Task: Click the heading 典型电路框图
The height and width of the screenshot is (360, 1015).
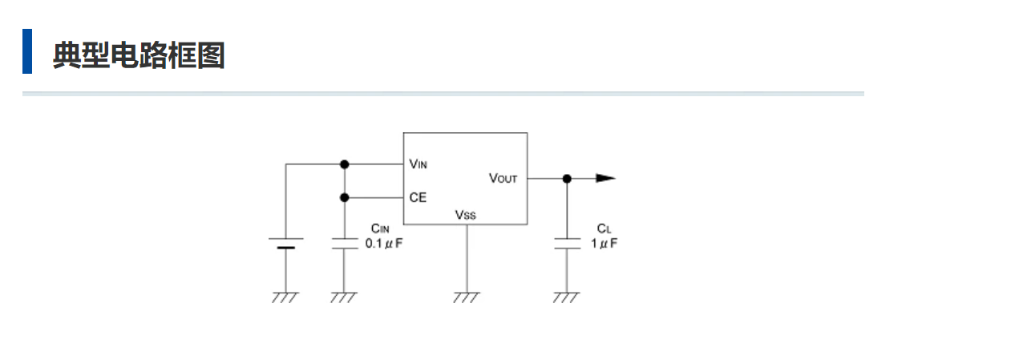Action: click(x=139, y=55)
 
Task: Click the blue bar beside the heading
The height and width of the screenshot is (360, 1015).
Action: click(x=27, y=51)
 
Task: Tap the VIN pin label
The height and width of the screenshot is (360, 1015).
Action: click(x=418, y=164)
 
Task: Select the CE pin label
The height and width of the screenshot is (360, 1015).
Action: click(x=417, y=197)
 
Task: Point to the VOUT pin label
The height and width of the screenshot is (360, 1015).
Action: click(x=503, y=178)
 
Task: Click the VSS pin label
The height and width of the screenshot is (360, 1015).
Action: click(x=465, y=214)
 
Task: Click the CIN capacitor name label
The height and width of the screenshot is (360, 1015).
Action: click(x=380, y=229)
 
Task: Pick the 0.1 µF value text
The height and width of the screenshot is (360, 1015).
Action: click(x=383, y=243)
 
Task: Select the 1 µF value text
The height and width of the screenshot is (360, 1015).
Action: click(x=605, y=243)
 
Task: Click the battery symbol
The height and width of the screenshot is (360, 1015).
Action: click(x=285, y=243)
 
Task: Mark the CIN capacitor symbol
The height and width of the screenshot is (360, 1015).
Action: click(x=344, y=243)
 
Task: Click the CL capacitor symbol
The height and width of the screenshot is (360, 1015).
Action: click(x=567, y=243)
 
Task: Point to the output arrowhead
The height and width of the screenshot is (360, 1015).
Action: click(x=605, y=178)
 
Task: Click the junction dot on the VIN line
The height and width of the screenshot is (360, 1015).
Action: click(x=345, y=164)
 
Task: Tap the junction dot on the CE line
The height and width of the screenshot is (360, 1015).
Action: click(x=345, y=197)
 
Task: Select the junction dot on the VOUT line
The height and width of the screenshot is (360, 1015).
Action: click(x=567, y=178)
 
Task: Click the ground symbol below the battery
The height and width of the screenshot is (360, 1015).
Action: click(x=285, y=297)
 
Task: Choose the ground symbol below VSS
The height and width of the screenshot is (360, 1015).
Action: click(x=466, y=297)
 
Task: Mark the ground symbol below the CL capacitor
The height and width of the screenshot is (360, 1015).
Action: click(x=566, y=297)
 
